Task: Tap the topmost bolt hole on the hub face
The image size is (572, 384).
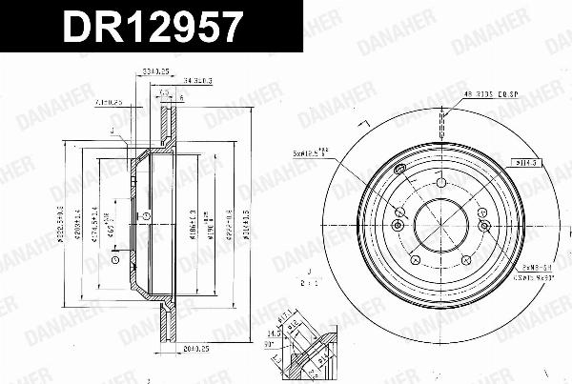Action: (442, 183)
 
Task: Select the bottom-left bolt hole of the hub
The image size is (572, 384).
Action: (414, 259)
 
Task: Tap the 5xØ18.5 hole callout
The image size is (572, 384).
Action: (315, 152)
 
